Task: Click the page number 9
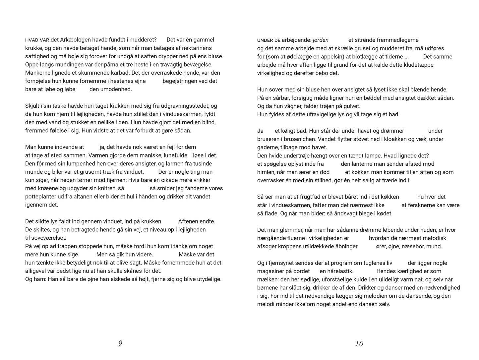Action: pos(120,343)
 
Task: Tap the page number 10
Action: pos(359,343)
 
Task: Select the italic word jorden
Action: pos(321,40)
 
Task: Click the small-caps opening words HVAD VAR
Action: pos(37,40)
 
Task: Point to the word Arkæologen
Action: pos(75,40)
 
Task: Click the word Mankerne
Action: pos(37,73)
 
